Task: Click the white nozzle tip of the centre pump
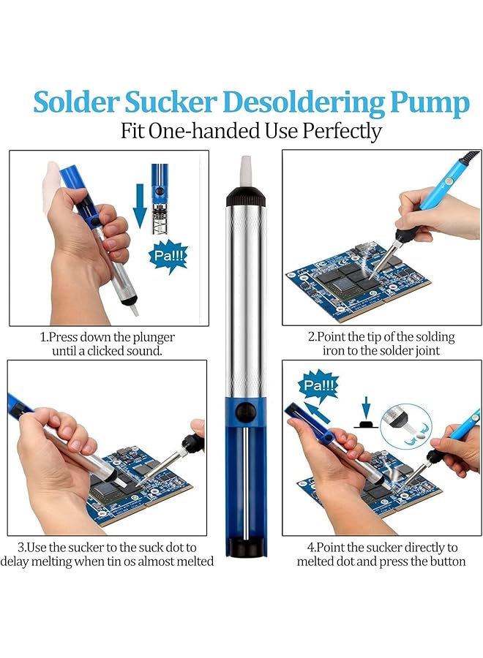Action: [x=246, y=171]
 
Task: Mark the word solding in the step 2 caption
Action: [x=432, y=337]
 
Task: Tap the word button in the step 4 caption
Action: [x=446, y=561]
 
